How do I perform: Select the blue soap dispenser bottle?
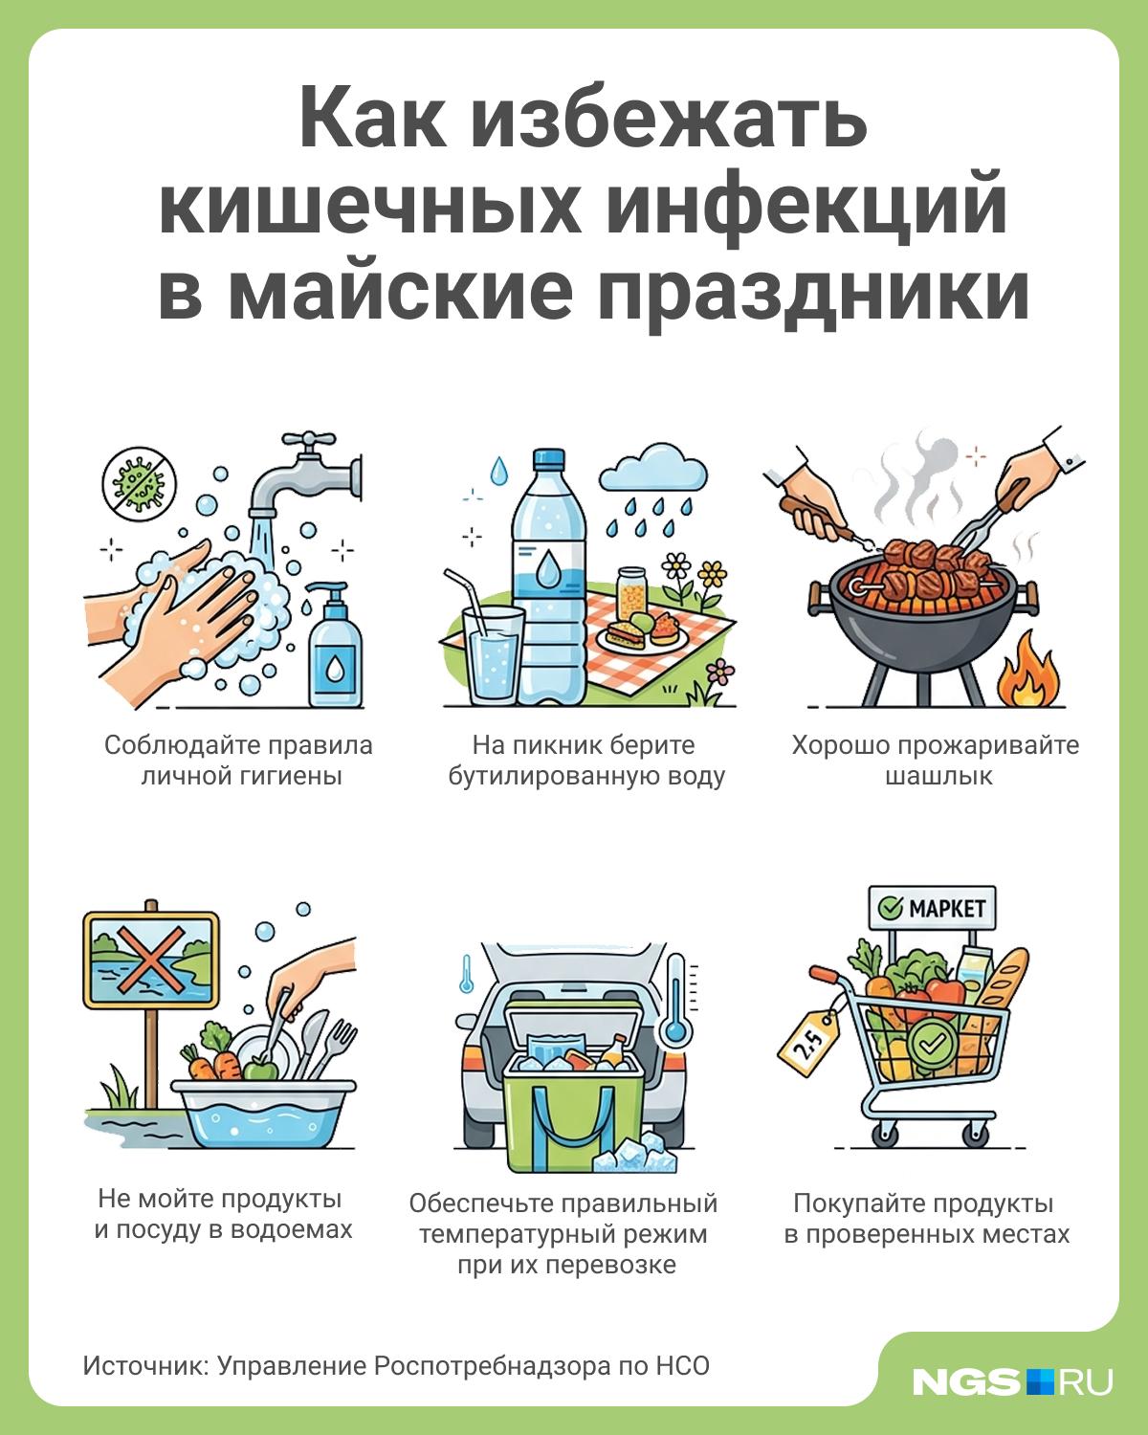(x=336, y=645)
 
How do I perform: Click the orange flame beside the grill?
(x=1027, y=671)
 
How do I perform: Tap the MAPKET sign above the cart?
(x=932, y=908)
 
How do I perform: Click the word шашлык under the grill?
(x=938, y=776)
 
